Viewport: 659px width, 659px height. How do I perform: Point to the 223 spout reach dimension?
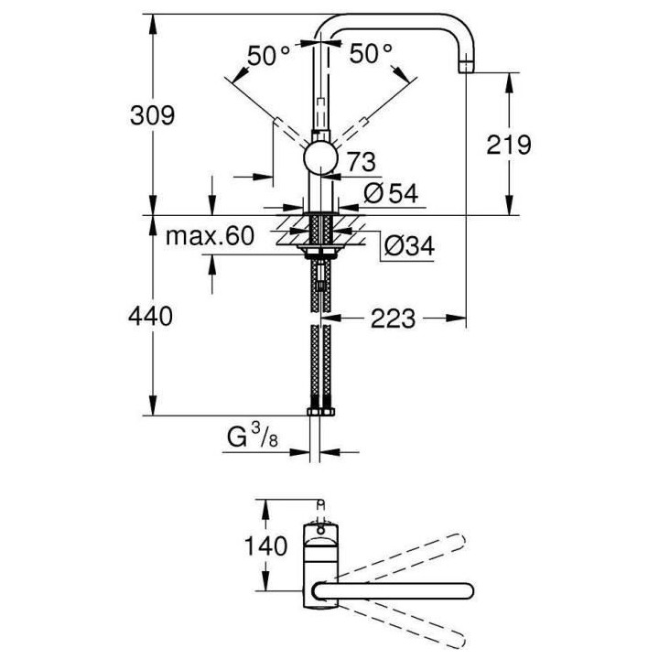pos(397,319)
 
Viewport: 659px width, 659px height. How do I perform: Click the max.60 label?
pos(209,238)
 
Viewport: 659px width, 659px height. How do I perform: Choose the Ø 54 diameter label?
pos(391,193)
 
